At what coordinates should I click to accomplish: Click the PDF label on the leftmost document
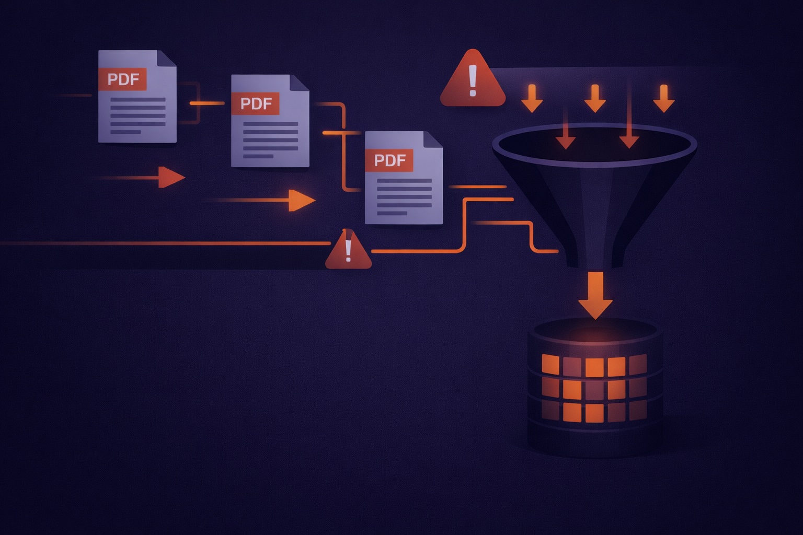coord(123,79)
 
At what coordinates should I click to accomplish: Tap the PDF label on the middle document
coord(256,103)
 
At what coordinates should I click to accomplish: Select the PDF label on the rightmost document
coord(389,160)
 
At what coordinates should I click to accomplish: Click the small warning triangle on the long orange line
coord(348,251)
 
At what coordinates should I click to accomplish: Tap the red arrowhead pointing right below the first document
coord(171,178)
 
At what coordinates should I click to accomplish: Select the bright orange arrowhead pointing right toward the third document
coord(301,200)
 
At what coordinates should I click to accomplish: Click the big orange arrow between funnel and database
coord(595,295)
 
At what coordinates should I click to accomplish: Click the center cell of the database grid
coord(594,389)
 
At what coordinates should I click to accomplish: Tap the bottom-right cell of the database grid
coord(637,412)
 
